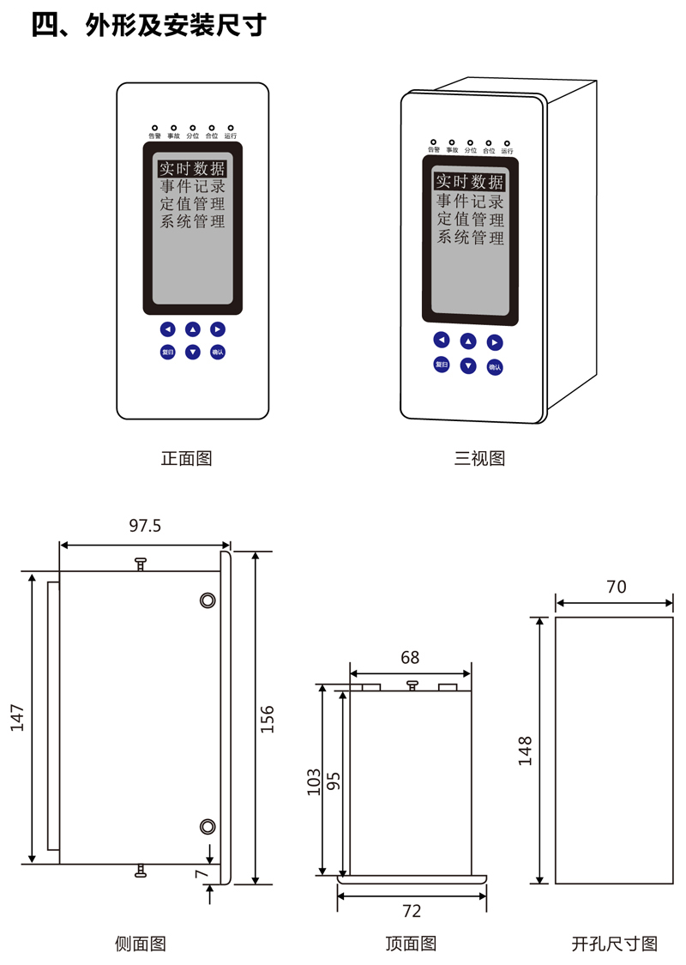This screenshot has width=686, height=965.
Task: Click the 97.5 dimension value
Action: click(x=145, y=526)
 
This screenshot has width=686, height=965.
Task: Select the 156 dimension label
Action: click(x=268, y=717)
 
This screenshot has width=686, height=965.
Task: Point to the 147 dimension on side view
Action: click(x=18, y=718)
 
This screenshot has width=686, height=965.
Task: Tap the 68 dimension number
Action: click(x=410, y=657)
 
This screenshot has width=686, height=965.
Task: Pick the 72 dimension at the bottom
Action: click(x=412, y=911)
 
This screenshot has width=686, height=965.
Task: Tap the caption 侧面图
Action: click(x=141, y=944)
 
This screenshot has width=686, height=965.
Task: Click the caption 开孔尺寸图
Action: click(x=615, y=944)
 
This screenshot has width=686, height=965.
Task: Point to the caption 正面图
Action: click(x=186, y=458)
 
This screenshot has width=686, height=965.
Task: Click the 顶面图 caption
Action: click(x=411, y=944)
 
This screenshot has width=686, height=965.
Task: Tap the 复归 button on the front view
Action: click(x=168, y=352)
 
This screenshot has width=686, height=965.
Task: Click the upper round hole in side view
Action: click(x=207, y=600)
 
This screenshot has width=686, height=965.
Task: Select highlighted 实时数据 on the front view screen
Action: click(x=192, y=169)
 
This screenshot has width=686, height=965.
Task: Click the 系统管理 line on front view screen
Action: click(x=192, y=222)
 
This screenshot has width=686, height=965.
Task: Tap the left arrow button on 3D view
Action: click(x=442, y=340)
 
